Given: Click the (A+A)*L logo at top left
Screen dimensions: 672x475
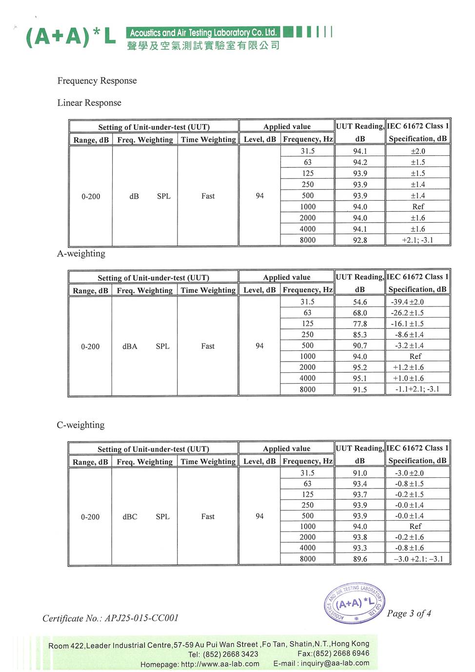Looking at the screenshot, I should [x=70, y=37].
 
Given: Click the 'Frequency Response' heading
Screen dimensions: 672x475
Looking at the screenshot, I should [x=97, y=81].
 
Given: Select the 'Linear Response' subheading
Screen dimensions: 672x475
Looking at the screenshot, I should [x=89, y=102].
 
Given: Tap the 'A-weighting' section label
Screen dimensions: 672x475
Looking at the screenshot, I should [x=81, y=253].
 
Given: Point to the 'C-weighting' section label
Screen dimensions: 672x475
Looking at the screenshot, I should [x=80, y=425].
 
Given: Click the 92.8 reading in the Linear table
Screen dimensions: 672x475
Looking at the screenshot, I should [x=360, y=240].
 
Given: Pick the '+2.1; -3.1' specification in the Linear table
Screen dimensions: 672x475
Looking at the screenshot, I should [x=417, y=240].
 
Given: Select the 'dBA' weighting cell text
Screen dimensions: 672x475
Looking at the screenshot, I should [x=130, y=346].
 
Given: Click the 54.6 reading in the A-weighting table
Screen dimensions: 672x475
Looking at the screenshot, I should [x=360, y=302].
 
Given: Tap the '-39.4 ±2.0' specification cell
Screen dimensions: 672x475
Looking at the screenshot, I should [x=407, y=302].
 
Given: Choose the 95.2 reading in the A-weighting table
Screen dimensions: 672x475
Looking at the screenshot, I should [x=360, y=367].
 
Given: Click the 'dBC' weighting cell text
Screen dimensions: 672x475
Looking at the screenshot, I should [x=130, y=516].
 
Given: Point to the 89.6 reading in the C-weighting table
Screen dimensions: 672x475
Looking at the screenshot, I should [x=360, y=559].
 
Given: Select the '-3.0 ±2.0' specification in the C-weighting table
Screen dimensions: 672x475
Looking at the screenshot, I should [x=409, y=473].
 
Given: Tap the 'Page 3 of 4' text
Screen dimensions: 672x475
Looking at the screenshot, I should [x=409, y=613].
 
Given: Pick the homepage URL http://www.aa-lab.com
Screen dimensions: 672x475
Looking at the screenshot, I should [x=220, y=664].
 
